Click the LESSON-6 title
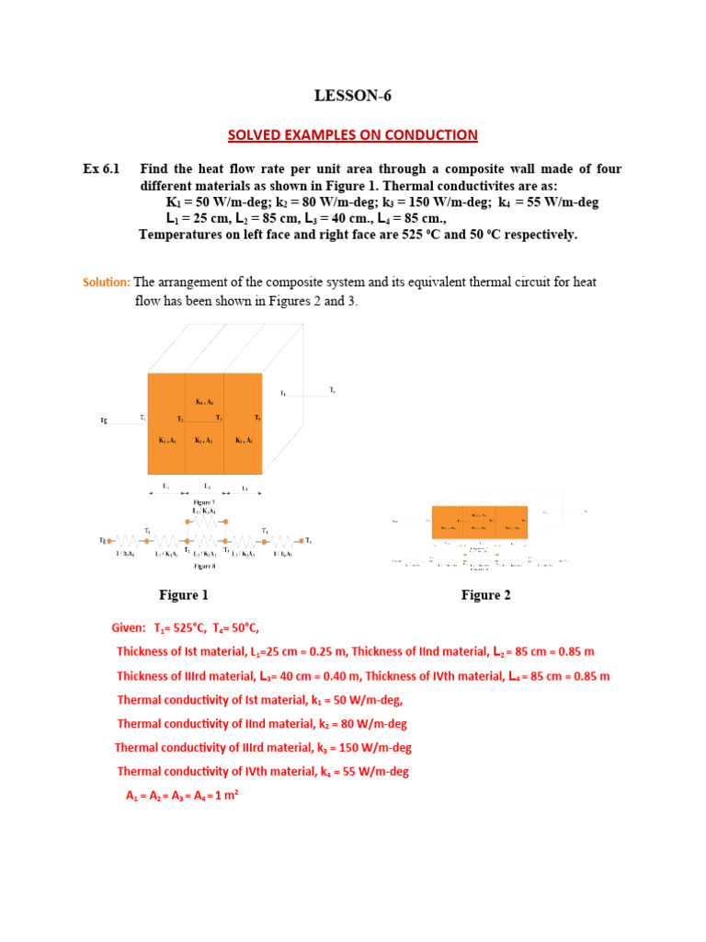click(x=353, y=96)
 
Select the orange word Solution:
click(x=107, y=281)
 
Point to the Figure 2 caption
click(x=485, y=595)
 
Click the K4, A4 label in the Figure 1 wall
click(x=204, y=402)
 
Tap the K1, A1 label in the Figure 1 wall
click(x=167, y=441)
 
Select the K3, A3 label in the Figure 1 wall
click(x=244, y=441)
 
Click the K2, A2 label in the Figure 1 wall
click(x=204, y=441)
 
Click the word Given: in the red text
click(x=129, y=628)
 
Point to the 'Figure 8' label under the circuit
click(x=204, y=568)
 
